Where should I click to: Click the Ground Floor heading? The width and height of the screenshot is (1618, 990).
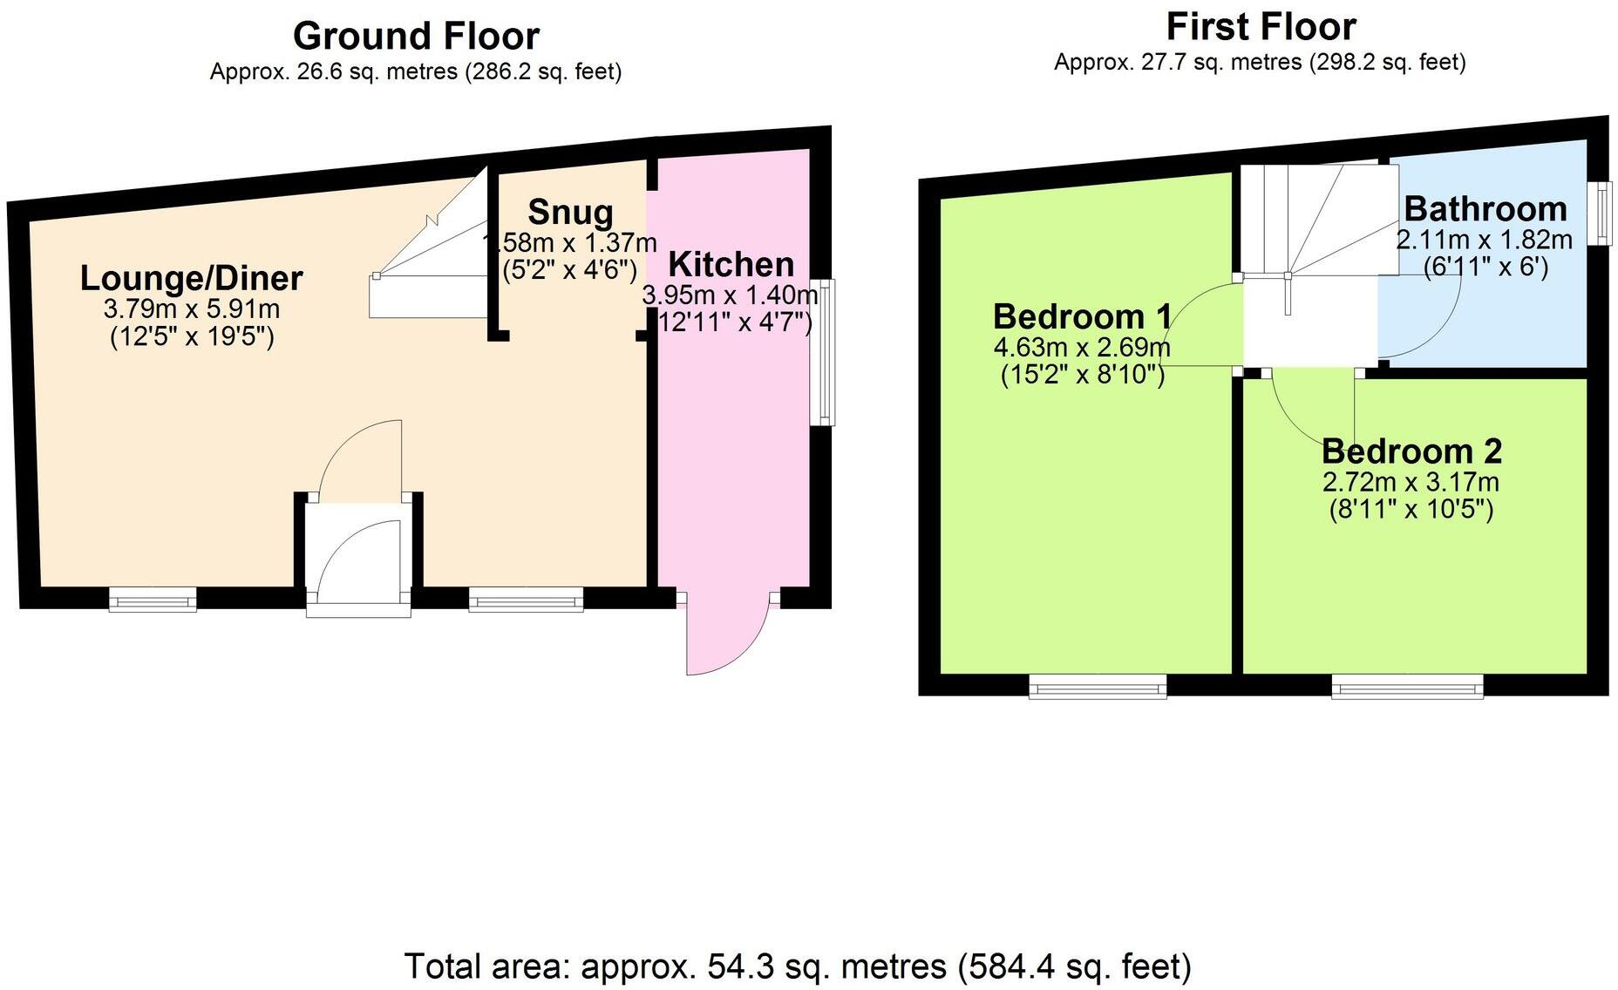[x=416, y=37]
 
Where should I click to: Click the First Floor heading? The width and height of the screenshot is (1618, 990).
[x=1261, y=27]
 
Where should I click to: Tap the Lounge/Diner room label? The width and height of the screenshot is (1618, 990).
[x=191, y=278]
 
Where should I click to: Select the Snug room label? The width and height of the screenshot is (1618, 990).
[x=570, y=212]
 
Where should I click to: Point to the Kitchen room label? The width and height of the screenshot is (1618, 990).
[x=731, y=264]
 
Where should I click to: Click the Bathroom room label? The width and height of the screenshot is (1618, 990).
[x=1485, y=209]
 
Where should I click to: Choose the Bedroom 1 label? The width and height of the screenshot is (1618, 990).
[x=1081, y=315]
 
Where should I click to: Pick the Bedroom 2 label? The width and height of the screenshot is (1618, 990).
[x=1411, y=451]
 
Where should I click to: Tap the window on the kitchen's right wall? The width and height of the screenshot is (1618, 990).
[x=822, y=352]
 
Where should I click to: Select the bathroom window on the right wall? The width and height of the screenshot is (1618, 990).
[x=1598, y=213]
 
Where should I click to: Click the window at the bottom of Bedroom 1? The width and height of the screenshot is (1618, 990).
[x=1098, y=687]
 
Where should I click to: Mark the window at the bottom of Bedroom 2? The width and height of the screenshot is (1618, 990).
[x=1407, y=687]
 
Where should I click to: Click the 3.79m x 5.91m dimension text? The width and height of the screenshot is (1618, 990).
[x=191, y=309]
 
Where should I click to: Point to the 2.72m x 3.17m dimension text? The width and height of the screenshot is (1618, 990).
[x=1411, y=482]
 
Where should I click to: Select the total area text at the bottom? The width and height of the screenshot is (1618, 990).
[x=797, y=966]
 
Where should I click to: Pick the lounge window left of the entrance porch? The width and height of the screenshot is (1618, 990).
[x=153, y=599]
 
